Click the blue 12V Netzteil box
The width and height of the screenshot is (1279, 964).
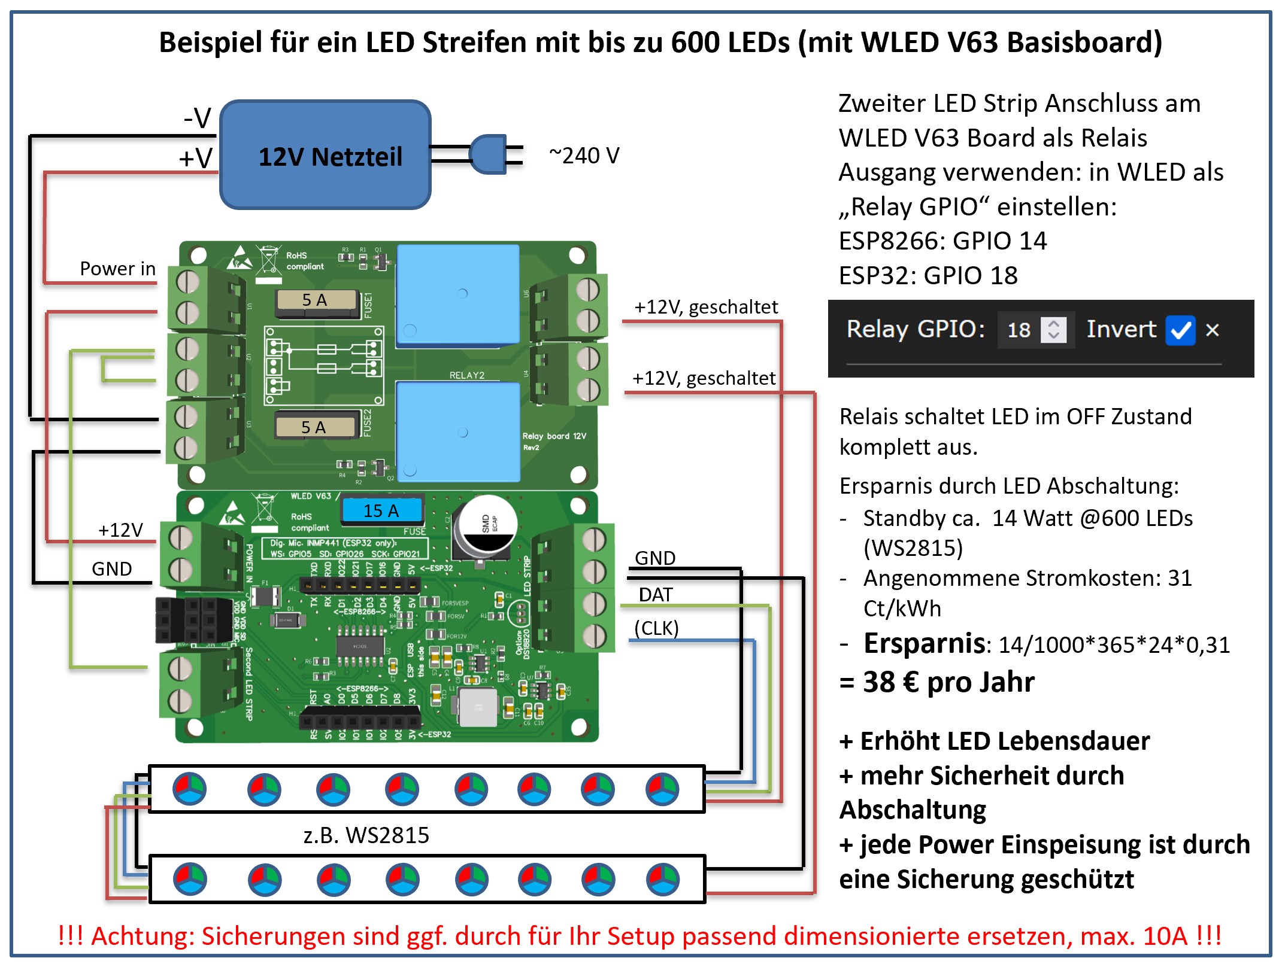coord(326,155)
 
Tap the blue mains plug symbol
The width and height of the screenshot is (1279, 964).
coord(488,154)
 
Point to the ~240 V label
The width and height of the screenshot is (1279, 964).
coord(584,156)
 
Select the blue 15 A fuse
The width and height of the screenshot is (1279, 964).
coord(381,510)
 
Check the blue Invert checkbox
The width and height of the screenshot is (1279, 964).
coord(1180,330)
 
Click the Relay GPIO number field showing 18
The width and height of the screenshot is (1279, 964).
coord(1020,330)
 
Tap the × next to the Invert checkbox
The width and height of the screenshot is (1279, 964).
coord(1212,330)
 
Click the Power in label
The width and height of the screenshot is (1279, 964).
coord(117,269)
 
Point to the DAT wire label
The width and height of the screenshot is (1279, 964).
coord(656,595)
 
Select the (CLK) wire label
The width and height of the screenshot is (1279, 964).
coord(656,628)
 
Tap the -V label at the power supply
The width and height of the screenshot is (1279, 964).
coord(197,118)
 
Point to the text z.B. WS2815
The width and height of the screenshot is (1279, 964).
coord(366,835)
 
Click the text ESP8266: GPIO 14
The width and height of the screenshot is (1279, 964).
coord(942,241)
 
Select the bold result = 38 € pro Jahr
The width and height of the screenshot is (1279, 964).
coord(937,682)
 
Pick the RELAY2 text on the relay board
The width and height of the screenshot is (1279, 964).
coord(467,375)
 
